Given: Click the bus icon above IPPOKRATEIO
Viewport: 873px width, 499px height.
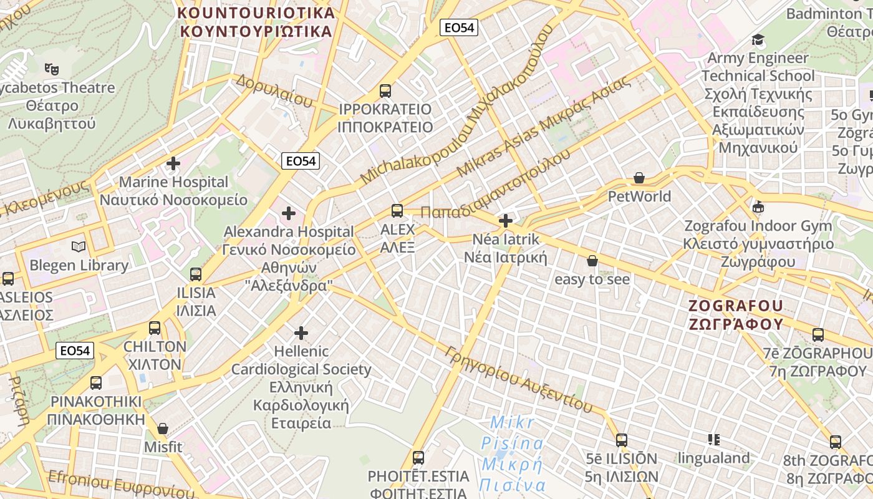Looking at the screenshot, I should [x=385, y=91].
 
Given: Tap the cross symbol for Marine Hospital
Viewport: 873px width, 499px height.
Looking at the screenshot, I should [x=173, y=164].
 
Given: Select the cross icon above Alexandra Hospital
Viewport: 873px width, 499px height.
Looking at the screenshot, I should [x=288, y=213].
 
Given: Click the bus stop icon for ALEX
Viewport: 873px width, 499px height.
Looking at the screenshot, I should [x=397, y=211].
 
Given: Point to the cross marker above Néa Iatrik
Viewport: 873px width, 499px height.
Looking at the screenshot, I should [x=506, y=220].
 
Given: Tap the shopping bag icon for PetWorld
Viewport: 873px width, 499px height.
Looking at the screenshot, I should [x=639, y=178].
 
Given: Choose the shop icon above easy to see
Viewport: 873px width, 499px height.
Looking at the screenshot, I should [x=592, y=261].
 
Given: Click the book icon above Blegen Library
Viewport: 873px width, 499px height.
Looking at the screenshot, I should [x=78, y=247].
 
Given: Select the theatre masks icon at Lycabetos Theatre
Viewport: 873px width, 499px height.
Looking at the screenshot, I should [x=52, y=69].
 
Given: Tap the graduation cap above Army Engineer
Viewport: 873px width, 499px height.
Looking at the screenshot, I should [x=758, y=40].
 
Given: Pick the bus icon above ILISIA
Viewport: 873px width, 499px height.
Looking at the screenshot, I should [x=196, y=274].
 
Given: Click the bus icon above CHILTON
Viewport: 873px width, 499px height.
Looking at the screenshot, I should [x=155, y=328].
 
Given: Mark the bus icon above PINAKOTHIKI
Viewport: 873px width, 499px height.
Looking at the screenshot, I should [x=96, y=383].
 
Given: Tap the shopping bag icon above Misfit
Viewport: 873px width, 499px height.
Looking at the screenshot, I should [x=163, y=429].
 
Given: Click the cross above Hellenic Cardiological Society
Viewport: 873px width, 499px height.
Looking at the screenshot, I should [x=301, y=332].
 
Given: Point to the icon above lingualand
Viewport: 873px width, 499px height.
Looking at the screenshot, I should [x=714, y=440].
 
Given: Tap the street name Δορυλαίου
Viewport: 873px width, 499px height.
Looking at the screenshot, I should [x=274, y=90].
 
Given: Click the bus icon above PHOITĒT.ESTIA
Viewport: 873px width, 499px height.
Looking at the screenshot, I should [x=418, y=458].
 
